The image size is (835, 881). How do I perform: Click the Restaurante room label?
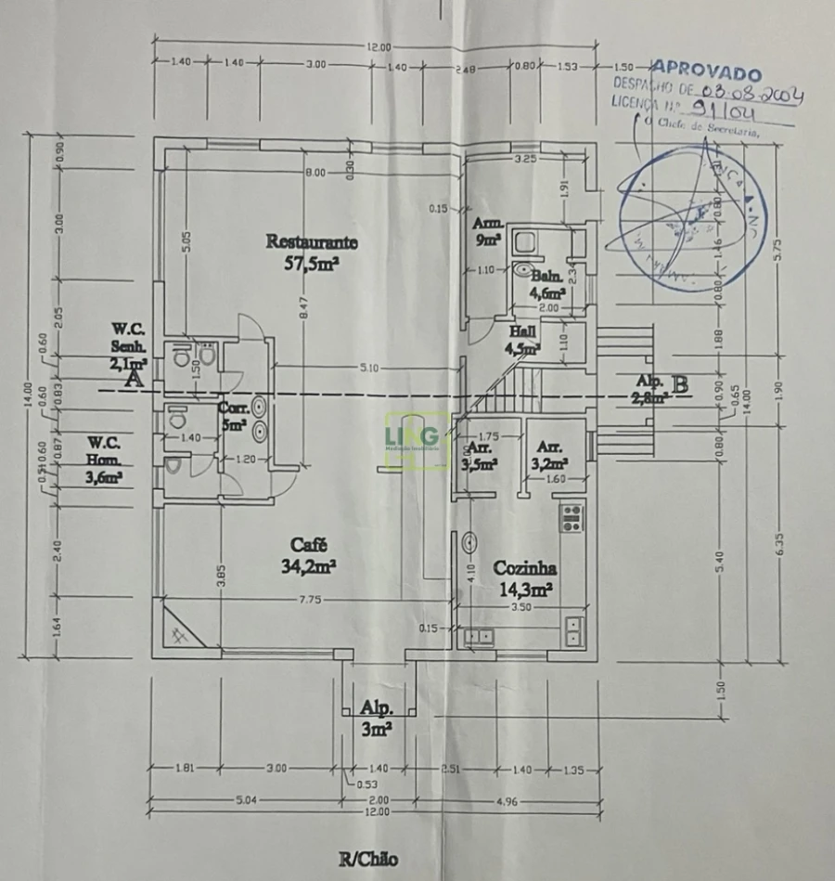312,241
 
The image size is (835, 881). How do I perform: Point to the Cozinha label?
524,567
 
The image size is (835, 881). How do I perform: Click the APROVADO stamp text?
706,71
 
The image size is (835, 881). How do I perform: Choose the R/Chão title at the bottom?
368,859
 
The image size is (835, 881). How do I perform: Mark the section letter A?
134,378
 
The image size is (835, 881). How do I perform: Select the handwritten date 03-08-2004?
752,92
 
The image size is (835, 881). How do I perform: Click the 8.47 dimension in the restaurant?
304,314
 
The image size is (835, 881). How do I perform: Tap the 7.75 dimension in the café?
310,601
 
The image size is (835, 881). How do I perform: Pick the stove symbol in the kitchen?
572,516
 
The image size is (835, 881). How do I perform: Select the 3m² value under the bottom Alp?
375,730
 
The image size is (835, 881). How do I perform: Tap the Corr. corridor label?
232,408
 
